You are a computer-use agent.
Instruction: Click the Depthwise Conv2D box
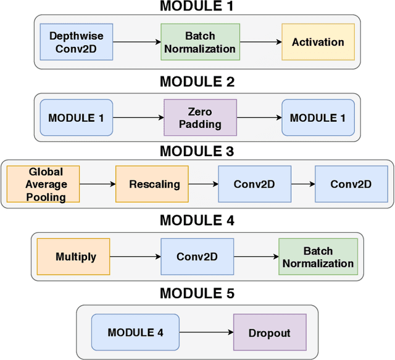(x=76, y=43)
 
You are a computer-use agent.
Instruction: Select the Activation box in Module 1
(x=318, y=43)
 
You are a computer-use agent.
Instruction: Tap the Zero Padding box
(x=200, y=117)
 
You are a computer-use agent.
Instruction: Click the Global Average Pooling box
(x=44, y=184)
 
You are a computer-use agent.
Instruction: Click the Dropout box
(x=269, y=333)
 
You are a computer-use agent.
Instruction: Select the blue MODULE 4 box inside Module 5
(x=135, y=333)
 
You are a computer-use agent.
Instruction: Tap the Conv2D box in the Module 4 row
(x=197, y=257)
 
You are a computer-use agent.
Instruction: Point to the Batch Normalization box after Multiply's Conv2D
(x=318, y=257)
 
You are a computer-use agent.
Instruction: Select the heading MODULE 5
(x=197, y=293)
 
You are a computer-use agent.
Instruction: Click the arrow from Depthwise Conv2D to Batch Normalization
(x=136, y=43)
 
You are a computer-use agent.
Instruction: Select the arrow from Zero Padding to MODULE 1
(x=259, y=117)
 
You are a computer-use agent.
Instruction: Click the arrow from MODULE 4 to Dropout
(x=206, y=333)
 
